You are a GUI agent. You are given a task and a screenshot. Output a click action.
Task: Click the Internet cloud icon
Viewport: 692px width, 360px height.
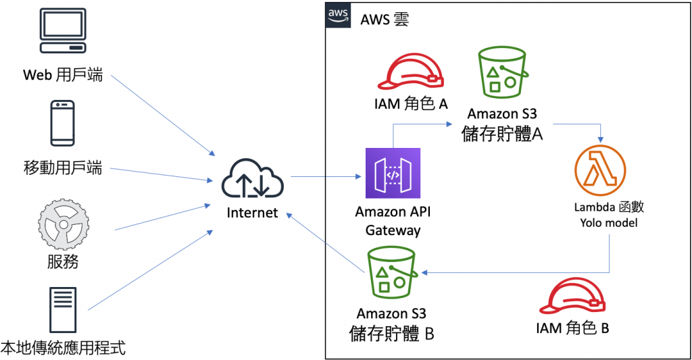click(x=252, y=178)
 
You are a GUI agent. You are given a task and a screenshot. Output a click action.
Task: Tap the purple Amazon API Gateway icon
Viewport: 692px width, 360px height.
click(x=393, y=174)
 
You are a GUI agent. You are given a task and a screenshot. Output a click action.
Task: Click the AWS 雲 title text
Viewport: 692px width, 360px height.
click(x=384, y=19)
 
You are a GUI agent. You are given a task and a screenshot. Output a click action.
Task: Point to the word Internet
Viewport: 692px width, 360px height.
click(x=252, y=213)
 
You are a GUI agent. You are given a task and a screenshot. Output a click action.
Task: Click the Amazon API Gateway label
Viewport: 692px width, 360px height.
click(x=393, y=221)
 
